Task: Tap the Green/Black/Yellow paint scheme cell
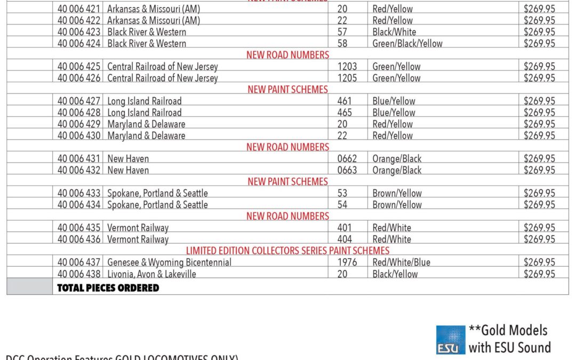coord(407,44)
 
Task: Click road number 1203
coord(347,67)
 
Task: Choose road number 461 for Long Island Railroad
coord(346,101)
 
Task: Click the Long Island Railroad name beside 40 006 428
coord(145,113)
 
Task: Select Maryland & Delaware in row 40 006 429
coord(147,124)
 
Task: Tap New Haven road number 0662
coord(347,159)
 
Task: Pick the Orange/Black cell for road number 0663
coord(397,171)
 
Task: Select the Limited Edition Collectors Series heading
coord(287,251)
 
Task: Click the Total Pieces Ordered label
coord(108,288)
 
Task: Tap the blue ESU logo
coord(451,340)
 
